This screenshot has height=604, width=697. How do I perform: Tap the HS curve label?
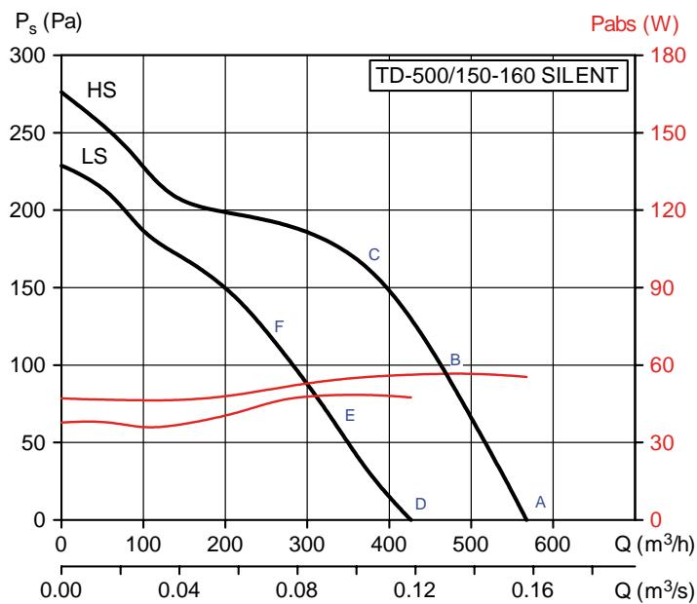(x=102, y=91)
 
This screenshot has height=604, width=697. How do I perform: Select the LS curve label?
(x=95, y=156)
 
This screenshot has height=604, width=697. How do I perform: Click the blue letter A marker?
(x=540, y=501)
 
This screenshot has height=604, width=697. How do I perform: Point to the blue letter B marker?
(x=454, y=360)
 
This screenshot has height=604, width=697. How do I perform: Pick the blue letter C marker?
(x=373, y=255)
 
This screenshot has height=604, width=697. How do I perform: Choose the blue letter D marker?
(x=420, y=504)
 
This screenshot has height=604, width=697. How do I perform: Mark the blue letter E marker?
(x=349, y=416)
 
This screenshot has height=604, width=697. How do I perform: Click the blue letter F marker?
(x=279, y=326)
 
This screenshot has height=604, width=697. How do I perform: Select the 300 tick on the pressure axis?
(x=33, y=56)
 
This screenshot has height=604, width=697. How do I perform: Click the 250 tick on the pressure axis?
(x=33, y=133)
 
